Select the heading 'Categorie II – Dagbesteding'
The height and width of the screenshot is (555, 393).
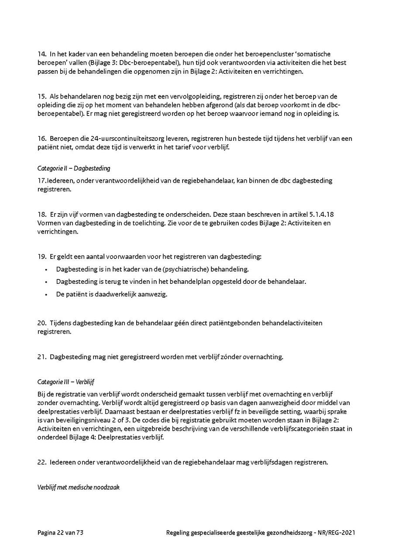click(x=73, y=168)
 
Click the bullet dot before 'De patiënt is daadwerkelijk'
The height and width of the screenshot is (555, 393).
click(x=46, y=294)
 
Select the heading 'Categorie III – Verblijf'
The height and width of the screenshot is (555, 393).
click(x=66, y=382)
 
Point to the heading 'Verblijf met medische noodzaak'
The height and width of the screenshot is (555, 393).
click(x=78, y=487)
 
